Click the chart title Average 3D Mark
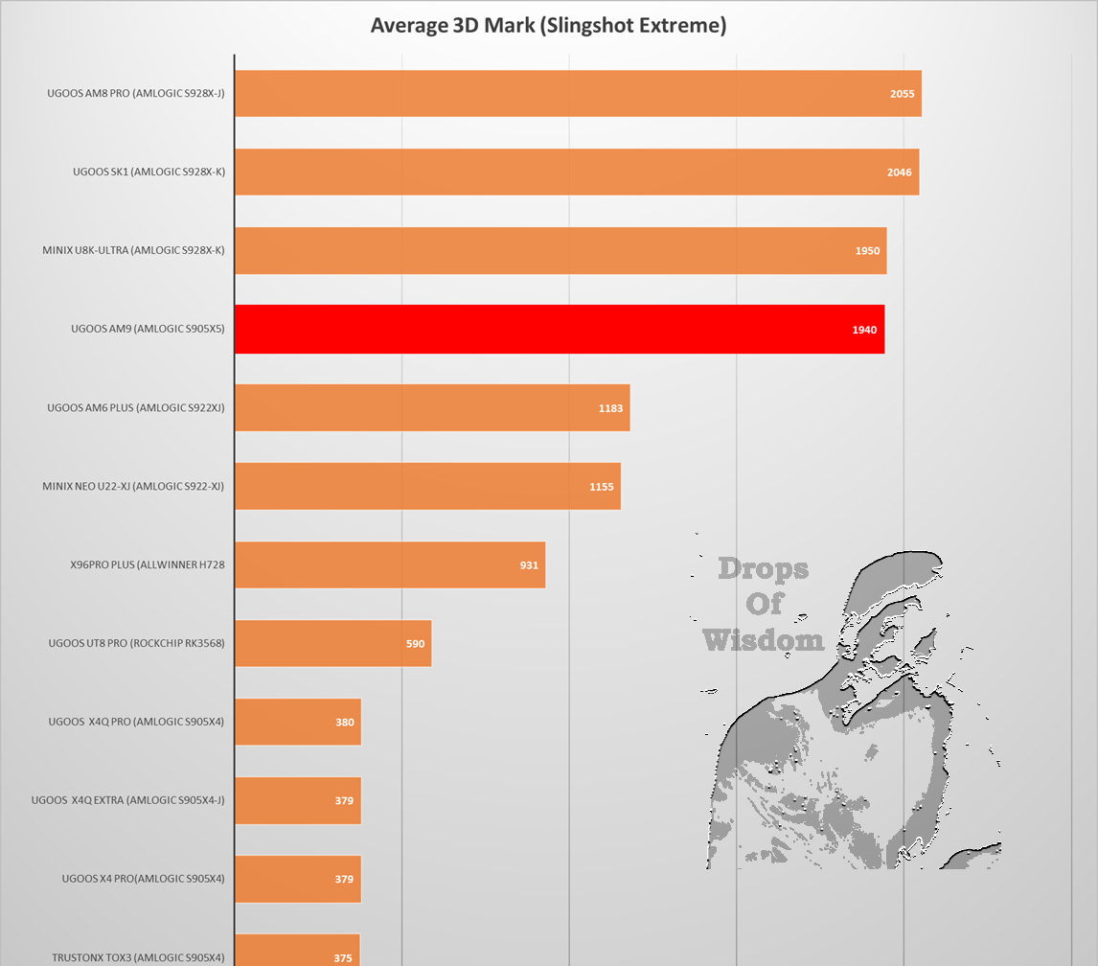click(548, 25)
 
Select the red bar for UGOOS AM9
click(559, 329)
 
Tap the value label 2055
click(902, 94)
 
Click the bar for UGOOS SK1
click(576, 172)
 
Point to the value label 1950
click(867, 251)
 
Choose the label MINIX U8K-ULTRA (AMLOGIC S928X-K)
click(133, 250)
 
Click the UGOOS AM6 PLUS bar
click(431, 407)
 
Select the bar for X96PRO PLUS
click(389, 564)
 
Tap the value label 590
click(415, 644)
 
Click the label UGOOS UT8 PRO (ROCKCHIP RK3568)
click(136, 643)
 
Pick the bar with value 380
click(297, 722)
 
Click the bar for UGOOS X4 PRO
click(297, 879)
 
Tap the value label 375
click(343, 957)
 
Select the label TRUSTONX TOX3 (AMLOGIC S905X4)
click(138, 957)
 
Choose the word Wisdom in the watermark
click(763, 639)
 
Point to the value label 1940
click(864, 330)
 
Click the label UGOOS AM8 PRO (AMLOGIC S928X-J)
click(135, 93)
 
